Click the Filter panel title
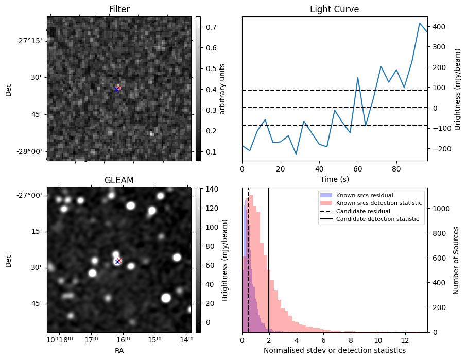coord(119,9)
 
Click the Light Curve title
coord(334,9)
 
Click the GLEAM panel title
coord(119,180)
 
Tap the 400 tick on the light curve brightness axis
coord(438,26)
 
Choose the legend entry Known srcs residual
coord(364,195)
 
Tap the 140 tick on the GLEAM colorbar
coord(211,190)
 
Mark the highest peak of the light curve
coord(420,23)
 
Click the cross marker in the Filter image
coord(117,89)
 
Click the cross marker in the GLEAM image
coord(118,261)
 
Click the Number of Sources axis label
coord(456,260)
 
